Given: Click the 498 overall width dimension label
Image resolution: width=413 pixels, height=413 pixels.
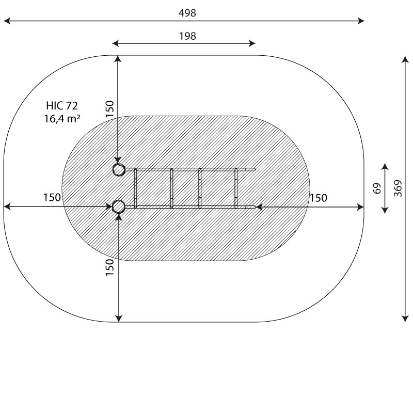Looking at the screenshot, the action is click(x=187, y=13).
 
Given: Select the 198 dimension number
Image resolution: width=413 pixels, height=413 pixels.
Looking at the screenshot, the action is click(x=187, y=36).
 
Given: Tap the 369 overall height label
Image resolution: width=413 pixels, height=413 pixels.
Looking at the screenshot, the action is click(x=398, y=188).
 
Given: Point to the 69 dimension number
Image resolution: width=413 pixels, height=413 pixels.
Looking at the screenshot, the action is click(x=377, y=188).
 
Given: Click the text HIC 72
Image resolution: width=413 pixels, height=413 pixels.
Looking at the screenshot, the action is click(x=62, y=106).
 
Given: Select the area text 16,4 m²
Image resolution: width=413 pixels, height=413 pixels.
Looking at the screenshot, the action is click(x=62, y=119).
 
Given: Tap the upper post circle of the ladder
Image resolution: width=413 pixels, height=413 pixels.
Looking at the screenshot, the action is click(x=119, y=170).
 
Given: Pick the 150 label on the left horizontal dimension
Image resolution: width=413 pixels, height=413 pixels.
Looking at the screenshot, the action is click(x=52, y=198).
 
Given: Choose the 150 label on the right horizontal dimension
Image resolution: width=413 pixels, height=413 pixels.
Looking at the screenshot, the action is click(x=319, y=198).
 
